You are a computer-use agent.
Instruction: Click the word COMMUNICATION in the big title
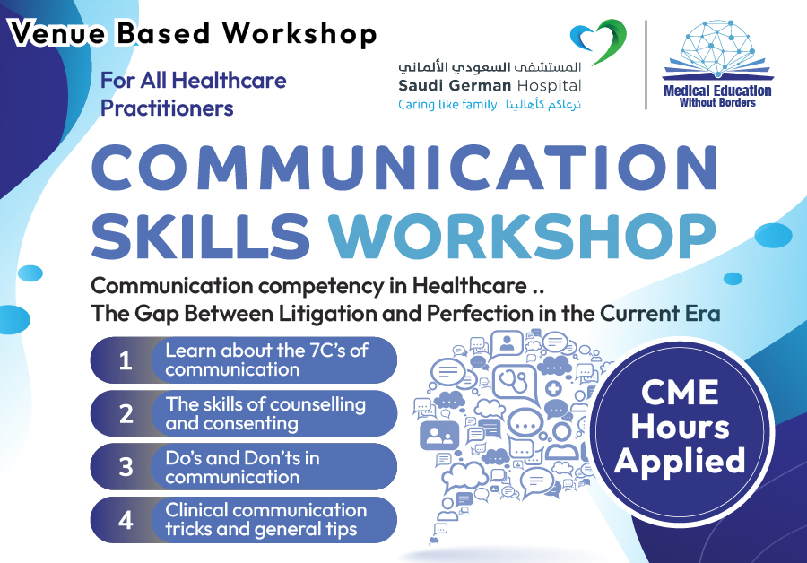[x=404, y=168]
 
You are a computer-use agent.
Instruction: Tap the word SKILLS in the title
[x=201, y=236]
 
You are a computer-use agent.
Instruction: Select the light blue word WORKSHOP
[x=522, y=236]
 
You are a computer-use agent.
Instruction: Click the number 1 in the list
[x=126, y=360]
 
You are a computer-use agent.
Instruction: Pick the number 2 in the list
[x=126, y=414]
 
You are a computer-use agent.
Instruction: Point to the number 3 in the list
[x=126, y=467]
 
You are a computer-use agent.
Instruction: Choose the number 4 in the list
[x=126, y=520]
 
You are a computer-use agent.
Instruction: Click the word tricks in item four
[x=189, y=529]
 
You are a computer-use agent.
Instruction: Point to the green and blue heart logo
[x=600, y=41]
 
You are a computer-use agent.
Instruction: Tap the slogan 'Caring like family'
[x=447, y=105]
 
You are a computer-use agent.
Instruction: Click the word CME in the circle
[x=680, y=393]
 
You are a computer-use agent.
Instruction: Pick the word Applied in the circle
[x=680, y=461]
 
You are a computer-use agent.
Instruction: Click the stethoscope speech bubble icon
[x=515, y=384]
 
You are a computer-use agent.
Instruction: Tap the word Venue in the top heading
[x=57, y=34]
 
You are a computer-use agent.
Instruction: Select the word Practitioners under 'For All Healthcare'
[x=167, y=108]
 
